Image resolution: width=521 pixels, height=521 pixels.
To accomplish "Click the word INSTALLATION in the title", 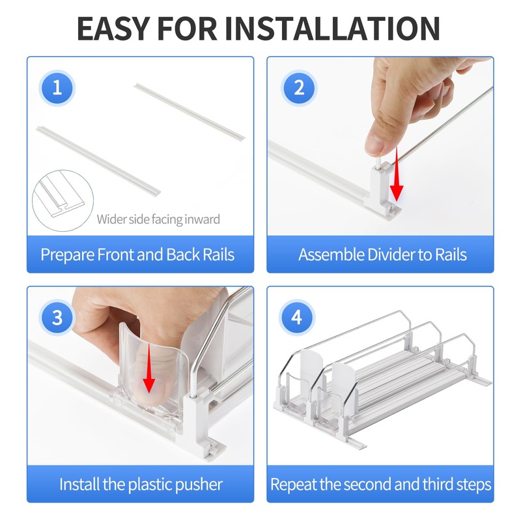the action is pyautogui.click(x=332, y=29).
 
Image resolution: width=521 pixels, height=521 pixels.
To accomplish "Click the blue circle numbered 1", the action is pyautogui.click(x=57, y=88).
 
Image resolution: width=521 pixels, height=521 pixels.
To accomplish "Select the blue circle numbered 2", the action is pyautogui.click(x=299, y=88).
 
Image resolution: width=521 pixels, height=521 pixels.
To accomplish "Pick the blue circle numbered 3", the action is pyautogui.click(x=57, y=317).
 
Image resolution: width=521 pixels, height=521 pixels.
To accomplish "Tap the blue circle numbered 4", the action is pyautogui.click(x=297, y=317).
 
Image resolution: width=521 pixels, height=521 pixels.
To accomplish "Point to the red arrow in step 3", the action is pyautogui.click(x=149, y=369).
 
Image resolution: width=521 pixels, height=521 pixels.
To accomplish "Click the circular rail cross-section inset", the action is pyautogui.click(x=63, y=201).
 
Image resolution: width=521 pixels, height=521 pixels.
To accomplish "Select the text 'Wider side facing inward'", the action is pyautogui.click(x=158, y=219).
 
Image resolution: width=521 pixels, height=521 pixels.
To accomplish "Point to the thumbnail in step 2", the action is pyautogui.click(x=375, y=144).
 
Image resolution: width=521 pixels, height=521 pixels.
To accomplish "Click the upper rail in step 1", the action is pyautogui.click(x=190, y=111).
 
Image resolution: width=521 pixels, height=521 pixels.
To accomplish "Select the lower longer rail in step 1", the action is pyautogui.click(x=98, y=161).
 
